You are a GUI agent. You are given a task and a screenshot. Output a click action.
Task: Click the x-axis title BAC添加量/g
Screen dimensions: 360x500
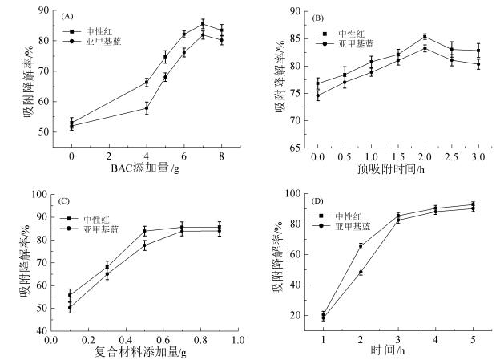(x=147, y=169)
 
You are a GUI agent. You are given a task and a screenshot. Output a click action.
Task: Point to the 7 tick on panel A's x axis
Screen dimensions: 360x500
(x=204, y=156)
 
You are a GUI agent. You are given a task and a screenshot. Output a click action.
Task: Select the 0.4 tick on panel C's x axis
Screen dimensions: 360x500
(x=127, y=339)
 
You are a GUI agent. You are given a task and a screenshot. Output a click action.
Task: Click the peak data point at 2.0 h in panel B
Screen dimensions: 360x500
(x=424, y=36)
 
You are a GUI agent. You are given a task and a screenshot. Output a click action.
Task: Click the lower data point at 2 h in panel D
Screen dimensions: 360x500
(x=361, y=272)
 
